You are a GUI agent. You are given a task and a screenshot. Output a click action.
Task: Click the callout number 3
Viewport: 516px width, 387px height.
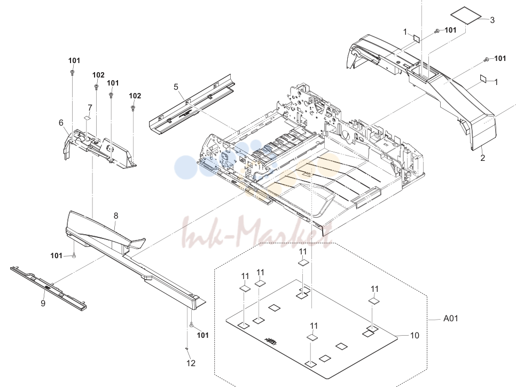(x=492, y=20)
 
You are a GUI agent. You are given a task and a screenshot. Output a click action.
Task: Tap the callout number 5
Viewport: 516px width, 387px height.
(x=176, y=87)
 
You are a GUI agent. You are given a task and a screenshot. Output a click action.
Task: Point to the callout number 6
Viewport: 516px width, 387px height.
(x=61, y=123)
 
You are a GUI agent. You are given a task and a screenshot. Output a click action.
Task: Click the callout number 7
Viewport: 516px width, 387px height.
(x=90, y=107)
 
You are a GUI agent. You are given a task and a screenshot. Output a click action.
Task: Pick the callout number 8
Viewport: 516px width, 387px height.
(x=116, y=216)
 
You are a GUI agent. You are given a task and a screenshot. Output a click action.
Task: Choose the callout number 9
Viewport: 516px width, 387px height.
(x=43, y=303)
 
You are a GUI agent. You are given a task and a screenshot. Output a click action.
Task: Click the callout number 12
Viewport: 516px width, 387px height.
(x=191, y=363)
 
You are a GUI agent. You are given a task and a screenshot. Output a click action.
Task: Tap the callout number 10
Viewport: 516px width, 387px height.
(x=415, y=335)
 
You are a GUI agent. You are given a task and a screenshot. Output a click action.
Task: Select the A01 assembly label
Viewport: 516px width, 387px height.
(x=450, y=319)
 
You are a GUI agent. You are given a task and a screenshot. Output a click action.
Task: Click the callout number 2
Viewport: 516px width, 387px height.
(x=482, y=158)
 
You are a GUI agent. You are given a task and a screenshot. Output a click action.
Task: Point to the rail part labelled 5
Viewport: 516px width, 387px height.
(x=192, y=104)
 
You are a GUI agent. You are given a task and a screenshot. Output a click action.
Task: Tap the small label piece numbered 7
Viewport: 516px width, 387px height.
(x=87, y=117)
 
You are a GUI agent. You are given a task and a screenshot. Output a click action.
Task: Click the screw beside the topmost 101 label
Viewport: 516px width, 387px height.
(x=437, y=31)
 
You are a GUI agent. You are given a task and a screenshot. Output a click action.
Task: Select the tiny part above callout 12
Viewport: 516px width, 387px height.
(x=187, y=348)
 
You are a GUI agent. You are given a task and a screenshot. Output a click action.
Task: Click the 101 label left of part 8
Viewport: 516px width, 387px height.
(x=56, y=256)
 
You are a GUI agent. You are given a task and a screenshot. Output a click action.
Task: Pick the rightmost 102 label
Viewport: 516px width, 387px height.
(x=135, y=96)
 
